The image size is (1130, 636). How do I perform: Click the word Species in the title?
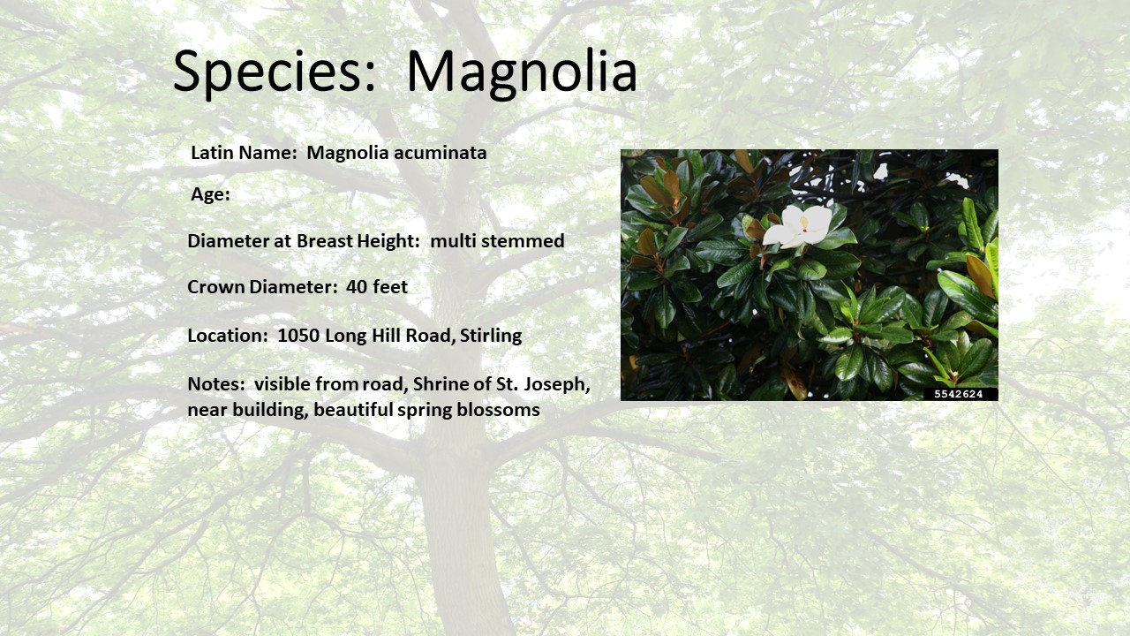(x=275, y=72)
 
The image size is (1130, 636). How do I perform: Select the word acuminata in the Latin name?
(x=441, y=153)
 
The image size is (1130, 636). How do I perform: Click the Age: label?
(x=210, y=194)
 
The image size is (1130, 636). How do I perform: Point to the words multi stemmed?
(x=497, y=241)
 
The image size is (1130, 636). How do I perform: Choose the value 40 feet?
(x=377, y=287)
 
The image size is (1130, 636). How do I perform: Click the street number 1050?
(x=298, y=335)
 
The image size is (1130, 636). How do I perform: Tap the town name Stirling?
(x=491, y=336)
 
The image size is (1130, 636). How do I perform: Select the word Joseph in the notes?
(x=557, y=384)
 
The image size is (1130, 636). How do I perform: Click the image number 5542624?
(x=959, y=394)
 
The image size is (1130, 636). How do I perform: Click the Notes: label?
(x=216, y=384)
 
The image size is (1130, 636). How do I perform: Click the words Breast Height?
(x=358, y=241)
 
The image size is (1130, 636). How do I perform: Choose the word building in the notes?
(x=270, y=410)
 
